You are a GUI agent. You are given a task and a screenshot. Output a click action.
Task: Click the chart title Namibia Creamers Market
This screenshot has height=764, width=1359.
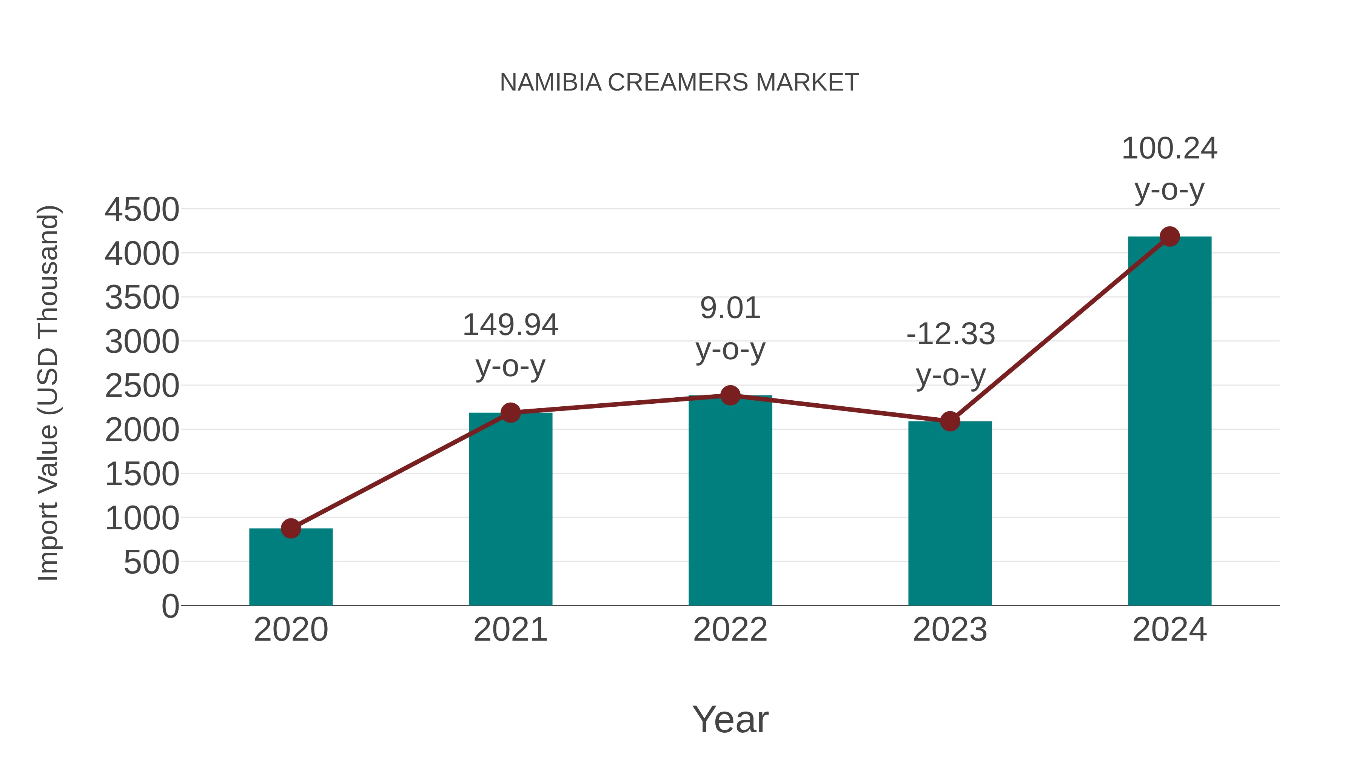point(679,83)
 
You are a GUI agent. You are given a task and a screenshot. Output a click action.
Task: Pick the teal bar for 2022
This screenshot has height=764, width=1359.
point(730,501)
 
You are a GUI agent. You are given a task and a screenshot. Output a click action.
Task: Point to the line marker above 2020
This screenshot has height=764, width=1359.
point(291,528)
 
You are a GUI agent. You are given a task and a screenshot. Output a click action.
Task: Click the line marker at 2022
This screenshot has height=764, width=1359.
point(730,395)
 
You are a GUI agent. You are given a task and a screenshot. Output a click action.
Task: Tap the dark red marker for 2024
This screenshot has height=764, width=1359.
point(1169,236)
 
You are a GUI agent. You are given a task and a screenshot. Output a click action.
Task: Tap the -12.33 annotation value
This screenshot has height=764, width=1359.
point(950,334)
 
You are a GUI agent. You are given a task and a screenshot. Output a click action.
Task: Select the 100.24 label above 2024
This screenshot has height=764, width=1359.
point(1169,149)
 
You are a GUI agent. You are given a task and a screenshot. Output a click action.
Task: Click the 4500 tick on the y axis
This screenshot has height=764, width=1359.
point(142,210)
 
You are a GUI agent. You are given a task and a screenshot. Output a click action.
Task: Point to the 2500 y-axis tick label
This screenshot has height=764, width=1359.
point(142,386)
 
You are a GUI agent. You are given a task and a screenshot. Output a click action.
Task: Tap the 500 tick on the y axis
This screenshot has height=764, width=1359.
point(151,562)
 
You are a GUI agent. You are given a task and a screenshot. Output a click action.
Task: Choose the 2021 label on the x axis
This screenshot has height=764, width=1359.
point(510,630)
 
